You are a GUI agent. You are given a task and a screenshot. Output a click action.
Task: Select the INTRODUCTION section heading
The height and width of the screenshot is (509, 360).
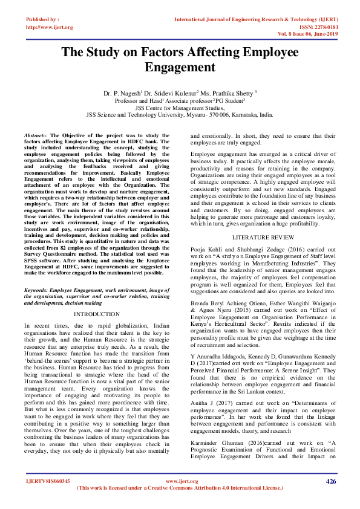(x=97, y=314)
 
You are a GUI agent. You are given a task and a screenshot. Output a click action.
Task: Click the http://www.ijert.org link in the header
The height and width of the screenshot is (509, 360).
(x=50, y=27)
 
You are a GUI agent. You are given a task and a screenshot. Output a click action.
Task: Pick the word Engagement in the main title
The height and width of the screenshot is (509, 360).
(x=180, y=66)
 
